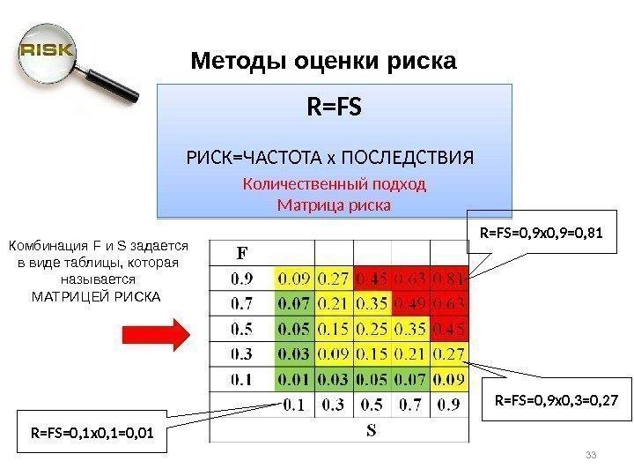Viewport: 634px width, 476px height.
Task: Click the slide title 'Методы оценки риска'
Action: click(x=324, y=62)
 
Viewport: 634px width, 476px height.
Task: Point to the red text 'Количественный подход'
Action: click(x=334, y=185)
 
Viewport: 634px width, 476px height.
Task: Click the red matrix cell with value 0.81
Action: click(x=450, y=279)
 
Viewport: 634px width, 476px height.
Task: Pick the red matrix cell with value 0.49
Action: click(x=410, y=304)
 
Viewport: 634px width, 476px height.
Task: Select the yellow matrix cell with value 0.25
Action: click(x=372, y=329)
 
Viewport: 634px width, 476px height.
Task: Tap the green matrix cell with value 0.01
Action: click(x=295, y=379)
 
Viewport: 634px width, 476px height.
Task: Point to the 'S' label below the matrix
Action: click(x=372, y=431)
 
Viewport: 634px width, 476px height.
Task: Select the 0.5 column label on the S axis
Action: click(x=372, y=405)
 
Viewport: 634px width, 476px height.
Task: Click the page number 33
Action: click(x=591, y=455)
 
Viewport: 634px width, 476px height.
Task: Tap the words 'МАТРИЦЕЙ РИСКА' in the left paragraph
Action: click(x=97, y=295)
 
